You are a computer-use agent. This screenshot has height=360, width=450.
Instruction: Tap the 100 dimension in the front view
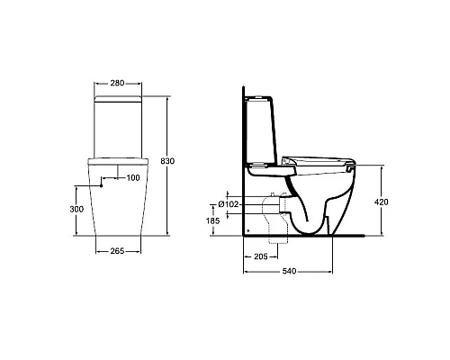[x=133, y=177]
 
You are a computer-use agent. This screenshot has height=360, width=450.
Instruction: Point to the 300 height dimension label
[x=76, y=209]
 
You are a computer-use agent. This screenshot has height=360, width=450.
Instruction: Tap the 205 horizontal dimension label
[x=260, y=256]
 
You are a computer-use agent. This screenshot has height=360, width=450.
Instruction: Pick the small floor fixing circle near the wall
[x=247, y=230]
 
